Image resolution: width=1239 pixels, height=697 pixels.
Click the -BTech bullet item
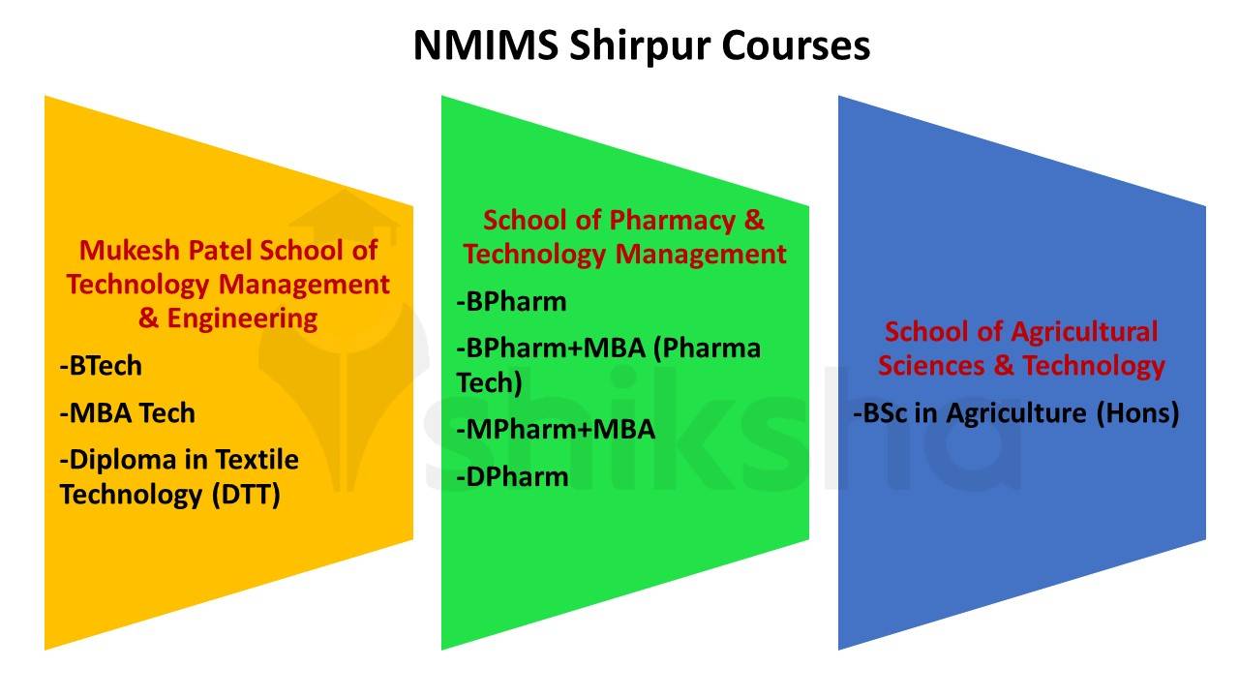coord(101,366)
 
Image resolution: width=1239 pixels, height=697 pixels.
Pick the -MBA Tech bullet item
coord(128,412)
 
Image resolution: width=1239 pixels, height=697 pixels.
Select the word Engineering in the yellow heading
coord(242,318)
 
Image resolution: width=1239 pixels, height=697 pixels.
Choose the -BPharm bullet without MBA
coord(512,301)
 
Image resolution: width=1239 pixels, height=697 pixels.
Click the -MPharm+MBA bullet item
coord(556,428)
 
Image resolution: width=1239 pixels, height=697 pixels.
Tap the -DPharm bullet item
coord(513,475)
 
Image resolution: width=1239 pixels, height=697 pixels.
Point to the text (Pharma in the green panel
coord(708,348)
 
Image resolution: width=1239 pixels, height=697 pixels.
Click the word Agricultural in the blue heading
coord(1083,331)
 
